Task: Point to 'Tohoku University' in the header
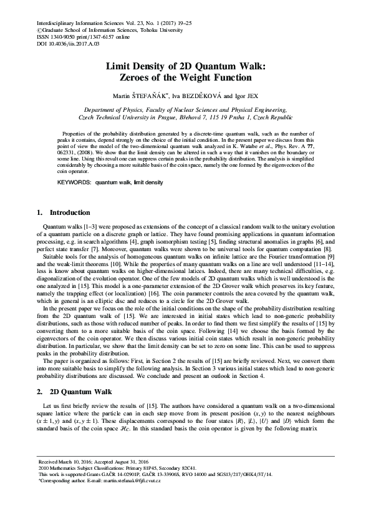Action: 156,29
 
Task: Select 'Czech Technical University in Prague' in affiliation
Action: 129,117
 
